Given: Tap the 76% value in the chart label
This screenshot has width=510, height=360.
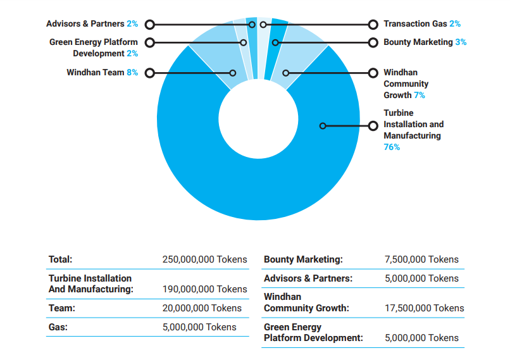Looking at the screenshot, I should pyautogui.click(x=392, y=147).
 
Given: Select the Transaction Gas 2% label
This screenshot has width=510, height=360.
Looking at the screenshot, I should pyautogui.click(x=422, y=24).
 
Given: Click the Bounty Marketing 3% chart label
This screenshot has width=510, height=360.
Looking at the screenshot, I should pyautogui.click(x=425, y=42).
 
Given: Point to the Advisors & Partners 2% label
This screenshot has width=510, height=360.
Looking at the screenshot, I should pyautogui.click(x=92, y=24).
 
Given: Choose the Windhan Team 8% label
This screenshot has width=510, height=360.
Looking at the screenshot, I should pyautogui.click(x=102, y=73).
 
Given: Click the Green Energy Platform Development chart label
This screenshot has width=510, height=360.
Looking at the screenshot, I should pyautogui.click(x=94, y=48).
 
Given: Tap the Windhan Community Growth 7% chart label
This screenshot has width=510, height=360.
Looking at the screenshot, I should pyautogui.click(x=406, y=84).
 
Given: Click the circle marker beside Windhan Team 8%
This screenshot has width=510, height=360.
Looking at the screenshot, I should pyautogui.click(x=150, y=73).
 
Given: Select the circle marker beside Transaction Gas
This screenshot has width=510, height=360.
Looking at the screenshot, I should pyautogui.click(x=373, y=25).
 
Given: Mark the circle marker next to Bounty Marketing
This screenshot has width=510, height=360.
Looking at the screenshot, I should pyautogui.click(x=373, y=43).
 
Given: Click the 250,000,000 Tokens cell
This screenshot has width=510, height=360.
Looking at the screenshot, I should pyautogui.click(x=204, y=259).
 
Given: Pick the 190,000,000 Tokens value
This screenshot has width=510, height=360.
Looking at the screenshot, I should pyautogui.click(x=204, y=289).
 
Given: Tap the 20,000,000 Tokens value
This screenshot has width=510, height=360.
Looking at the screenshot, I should pyautogui.click(x=202, y=308).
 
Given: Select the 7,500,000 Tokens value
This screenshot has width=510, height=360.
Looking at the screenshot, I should pyautogui.click(x=421, y=259).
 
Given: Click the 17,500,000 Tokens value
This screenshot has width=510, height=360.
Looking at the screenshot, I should pyautogui.click(x=424, y=308).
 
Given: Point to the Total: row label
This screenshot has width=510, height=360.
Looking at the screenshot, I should pyautogui.click(x=61, y=259).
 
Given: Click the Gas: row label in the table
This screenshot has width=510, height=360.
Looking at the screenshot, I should pyautogui.click(x=58, y=327).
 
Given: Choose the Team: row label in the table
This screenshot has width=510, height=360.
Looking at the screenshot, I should pyautogui.click(x=62, y=308).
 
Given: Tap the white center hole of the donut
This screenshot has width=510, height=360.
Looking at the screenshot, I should pyautogui.click(x=258, y=119).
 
